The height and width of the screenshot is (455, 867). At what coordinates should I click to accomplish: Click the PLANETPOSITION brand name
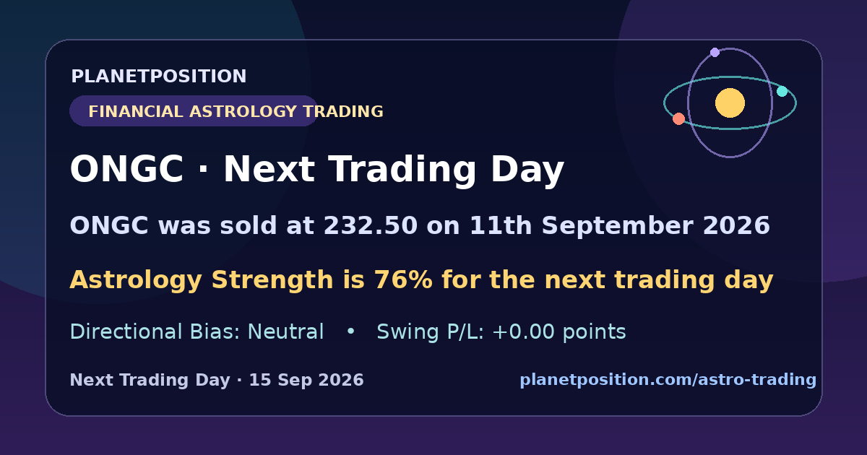[x=159, y=77]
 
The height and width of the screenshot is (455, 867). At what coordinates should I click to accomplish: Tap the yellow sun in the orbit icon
[x=730, y=103]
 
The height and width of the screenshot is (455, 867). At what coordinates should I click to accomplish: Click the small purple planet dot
[x=715, y=52]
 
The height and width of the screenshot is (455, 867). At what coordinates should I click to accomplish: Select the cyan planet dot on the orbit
[x=782, y=91]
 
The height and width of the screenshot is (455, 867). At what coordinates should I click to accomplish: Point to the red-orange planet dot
[x=678, y=118]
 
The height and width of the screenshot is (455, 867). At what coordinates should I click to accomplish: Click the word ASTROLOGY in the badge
[x=243, y=111]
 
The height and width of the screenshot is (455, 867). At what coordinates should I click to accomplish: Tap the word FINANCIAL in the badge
[x=136, y=111]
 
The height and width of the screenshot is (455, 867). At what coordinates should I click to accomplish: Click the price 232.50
[x=371, y=225]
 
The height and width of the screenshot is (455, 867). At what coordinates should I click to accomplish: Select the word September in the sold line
[x=617, y=226]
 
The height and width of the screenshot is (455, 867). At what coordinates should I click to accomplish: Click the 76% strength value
[x=403, y=279]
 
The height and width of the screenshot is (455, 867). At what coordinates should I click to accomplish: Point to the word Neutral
[x=285, y=332]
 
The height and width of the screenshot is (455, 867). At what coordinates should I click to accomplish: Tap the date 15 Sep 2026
[x=306, y=380]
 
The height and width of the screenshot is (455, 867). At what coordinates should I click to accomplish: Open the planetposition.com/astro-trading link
[x=668, y=380]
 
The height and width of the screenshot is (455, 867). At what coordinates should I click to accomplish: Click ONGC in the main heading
[x=126, y=169]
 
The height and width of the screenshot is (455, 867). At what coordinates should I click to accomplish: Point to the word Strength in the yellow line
[x=272, y=280]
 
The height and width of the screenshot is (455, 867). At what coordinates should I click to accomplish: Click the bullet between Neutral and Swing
[x=350, y=331]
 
